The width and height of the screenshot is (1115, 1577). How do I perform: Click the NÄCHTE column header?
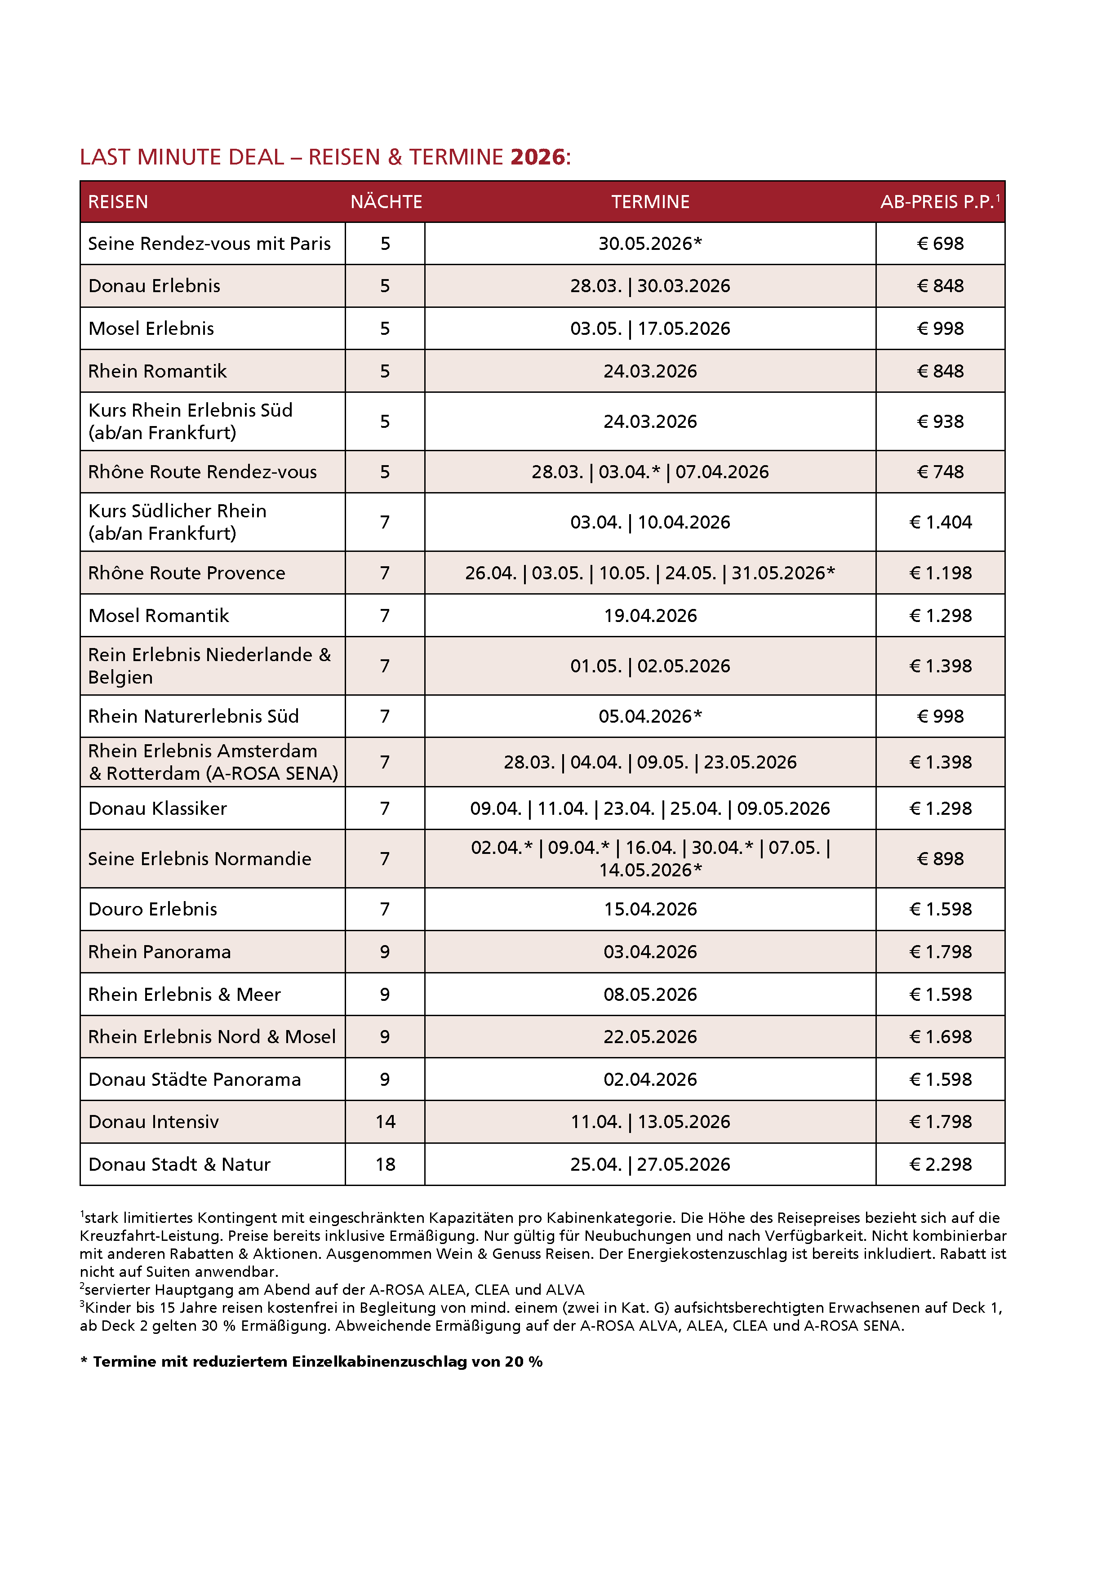(386, 202)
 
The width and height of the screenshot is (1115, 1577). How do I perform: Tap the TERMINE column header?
(650, 202)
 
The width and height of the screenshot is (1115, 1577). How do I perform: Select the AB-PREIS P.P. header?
(938, 202)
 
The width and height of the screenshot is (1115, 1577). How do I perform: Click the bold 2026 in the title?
(537, 157)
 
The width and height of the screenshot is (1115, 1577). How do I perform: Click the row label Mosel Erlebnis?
(151, 329)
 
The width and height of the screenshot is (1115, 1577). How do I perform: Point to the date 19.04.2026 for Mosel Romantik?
(650, 615)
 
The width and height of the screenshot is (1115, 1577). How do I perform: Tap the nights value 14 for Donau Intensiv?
(386, 1122)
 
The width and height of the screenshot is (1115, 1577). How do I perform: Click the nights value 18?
(386, 1164)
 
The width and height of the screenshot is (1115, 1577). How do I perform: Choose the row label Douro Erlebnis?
(152, 909)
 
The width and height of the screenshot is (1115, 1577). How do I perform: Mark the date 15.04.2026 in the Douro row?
(650, 909)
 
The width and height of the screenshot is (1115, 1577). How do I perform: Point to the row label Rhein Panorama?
(160, 952)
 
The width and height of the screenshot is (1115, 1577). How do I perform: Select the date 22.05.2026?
(650, 1036)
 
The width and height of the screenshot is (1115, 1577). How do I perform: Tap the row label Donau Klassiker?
(157, 808)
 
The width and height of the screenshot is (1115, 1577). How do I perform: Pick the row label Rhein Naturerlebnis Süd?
(193, 716)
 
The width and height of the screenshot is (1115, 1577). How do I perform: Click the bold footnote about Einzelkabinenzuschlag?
(311, 1361)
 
